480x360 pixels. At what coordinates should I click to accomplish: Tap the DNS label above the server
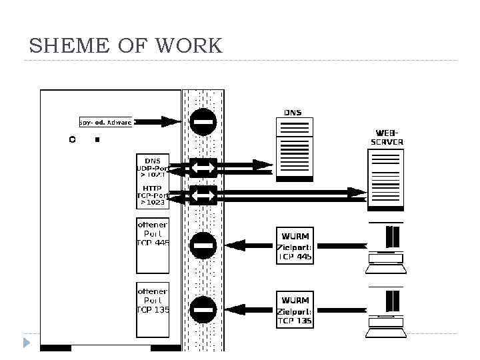(293, 113)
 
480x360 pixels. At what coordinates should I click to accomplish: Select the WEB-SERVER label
(387, 137)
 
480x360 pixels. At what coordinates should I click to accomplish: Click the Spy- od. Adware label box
(106, 122)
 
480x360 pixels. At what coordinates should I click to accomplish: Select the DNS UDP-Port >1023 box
(153, 167)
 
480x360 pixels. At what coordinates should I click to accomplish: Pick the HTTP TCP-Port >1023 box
(153, 195)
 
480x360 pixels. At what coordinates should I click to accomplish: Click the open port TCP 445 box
(153, 245)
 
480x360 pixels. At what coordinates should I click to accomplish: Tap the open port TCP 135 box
(153, 309)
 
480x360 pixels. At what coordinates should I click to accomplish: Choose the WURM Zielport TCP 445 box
(295, 245)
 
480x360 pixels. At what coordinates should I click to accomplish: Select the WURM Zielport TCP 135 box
(295, 309)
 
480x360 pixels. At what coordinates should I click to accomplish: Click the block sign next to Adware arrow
(203, 122)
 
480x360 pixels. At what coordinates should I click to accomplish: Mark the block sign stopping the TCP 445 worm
(203, 245)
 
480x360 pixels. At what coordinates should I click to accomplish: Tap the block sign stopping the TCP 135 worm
(203, 309)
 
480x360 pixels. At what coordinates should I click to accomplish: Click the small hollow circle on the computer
(72, 140)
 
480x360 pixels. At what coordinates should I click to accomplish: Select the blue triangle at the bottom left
(26, 343)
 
